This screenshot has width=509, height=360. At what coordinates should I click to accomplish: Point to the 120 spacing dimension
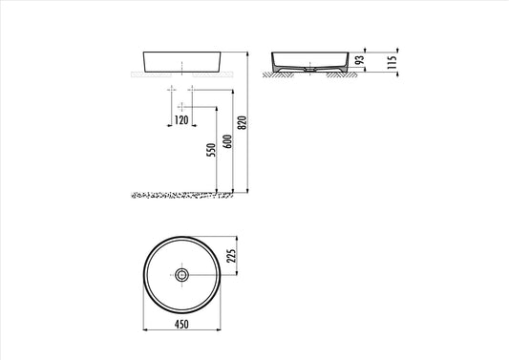click(181, 121)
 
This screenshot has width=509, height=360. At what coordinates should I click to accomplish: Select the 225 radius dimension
click(229, 256)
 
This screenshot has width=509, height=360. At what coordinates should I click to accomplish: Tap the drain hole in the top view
click(181, 275)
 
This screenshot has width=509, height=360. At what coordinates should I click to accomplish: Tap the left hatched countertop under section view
click(281, 77)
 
